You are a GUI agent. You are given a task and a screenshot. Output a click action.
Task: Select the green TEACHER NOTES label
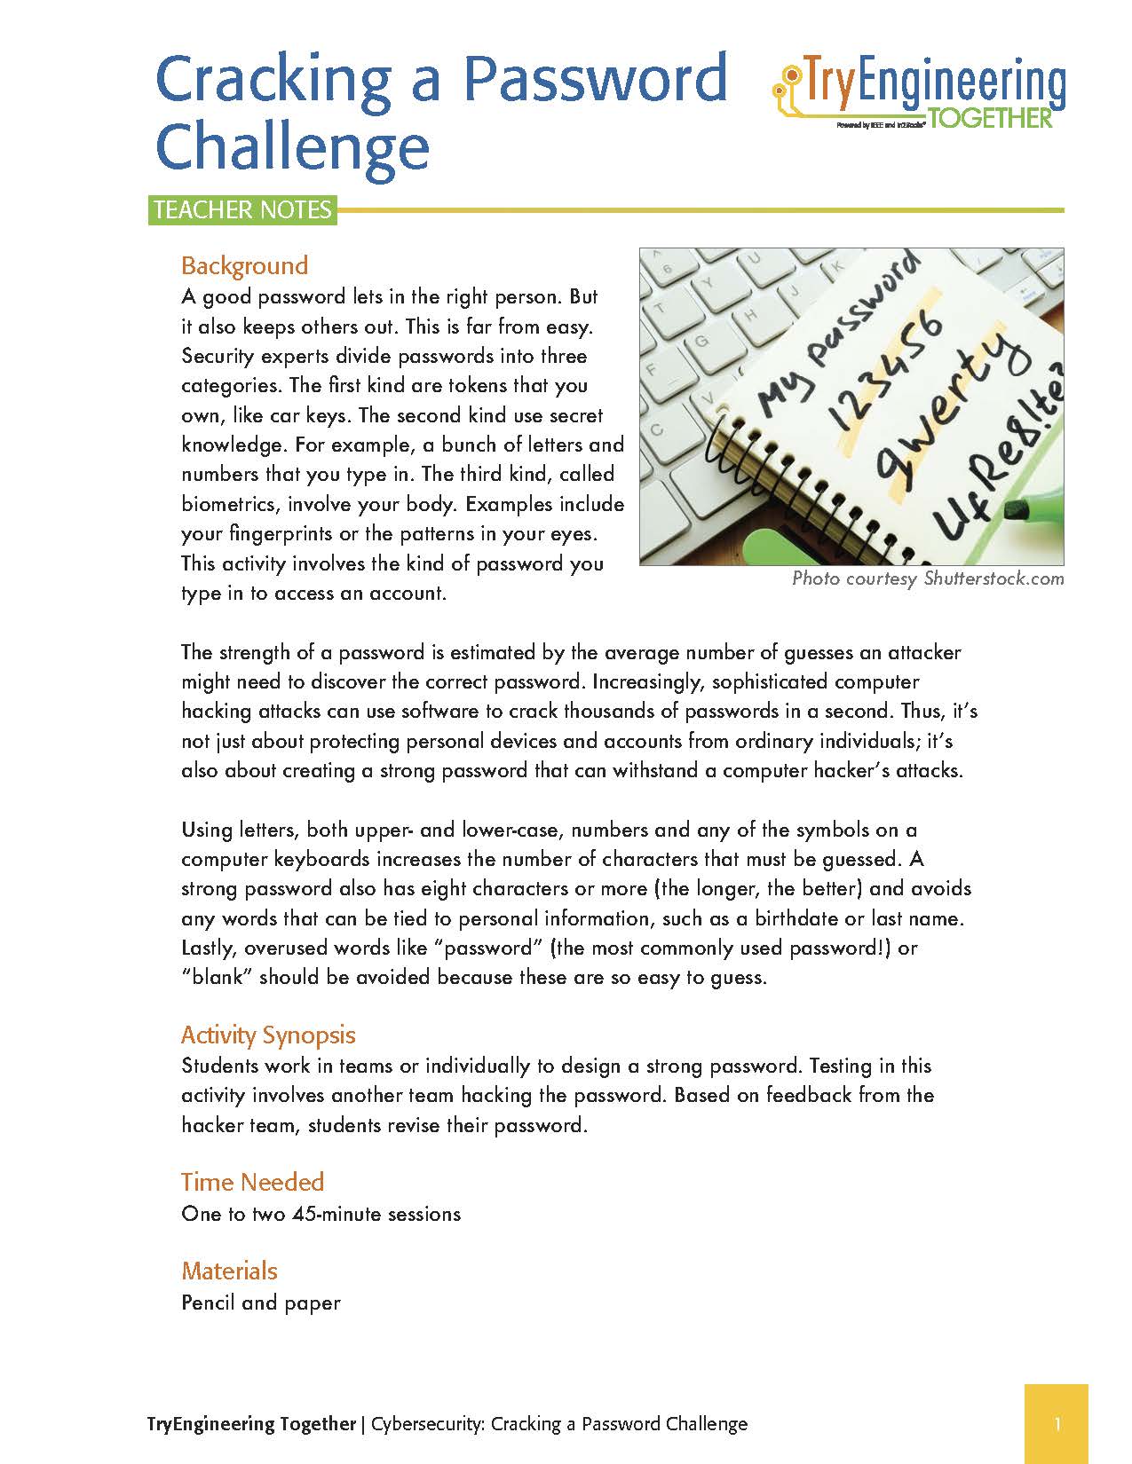click(242, 210)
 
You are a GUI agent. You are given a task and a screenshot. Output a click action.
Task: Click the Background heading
click(244, 265)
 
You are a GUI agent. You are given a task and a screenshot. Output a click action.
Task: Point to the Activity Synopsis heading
click(268, 1035)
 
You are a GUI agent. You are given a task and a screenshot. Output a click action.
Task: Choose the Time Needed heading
click(252, 1182)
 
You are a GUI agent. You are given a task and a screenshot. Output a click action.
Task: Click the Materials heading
click(229, 1271)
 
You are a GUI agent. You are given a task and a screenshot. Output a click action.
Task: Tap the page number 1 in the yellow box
click(1057, 1425)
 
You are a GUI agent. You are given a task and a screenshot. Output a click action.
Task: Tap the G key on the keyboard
click(701, 341)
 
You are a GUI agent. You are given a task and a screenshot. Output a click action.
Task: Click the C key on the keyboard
click(658, 429)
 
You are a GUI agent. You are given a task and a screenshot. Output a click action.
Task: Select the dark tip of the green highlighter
click(1017, 509)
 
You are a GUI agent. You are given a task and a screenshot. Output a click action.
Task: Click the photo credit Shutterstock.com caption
click(993, 579)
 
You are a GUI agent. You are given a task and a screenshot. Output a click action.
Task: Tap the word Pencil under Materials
click(209, 1303)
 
